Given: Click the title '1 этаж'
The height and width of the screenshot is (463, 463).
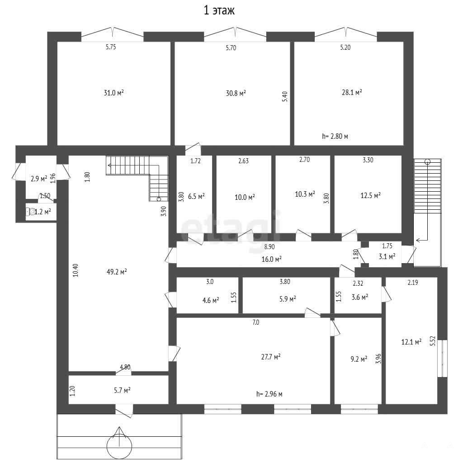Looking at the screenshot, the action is [x=219, y=11].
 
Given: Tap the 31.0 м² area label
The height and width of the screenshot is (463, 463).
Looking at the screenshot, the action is [x=113, y=93].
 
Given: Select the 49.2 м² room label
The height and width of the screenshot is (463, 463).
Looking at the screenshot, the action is [x=117, y=272].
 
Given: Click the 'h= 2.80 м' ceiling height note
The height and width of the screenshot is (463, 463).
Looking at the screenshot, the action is [x=335, y=137].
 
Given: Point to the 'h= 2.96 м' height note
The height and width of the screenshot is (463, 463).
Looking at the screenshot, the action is [x=269, y=394].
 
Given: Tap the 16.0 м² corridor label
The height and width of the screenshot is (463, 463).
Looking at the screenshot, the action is [x=271, y=259].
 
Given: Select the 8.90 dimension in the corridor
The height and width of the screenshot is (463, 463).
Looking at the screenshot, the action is [x=269, y=246].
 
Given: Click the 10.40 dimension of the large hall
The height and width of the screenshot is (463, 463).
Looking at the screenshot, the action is [x=76, y=270].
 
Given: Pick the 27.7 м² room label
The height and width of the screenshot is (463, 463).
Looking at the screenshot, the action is [x=271, y=357].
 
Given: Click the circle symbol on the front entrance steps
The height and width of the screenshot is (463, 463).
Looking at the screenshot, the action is [x=119, y=445].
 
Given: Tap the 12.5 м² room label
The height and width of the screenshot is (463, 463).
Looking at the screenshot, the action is [x=371, y=195].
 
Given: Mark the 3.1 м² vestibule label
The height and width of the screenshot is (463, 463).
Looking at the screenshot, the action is [x=387, y=257].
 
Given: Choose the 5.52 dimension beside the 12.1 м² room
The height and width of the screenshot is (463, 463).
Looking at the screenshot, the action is [x=433, y=341].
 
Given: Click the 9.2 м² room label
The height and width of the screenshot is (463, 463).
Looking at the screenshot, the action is [x=359, y=359].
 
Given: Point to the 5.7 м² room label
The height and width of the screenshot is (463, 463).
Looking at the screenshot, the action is [x=122, y=390].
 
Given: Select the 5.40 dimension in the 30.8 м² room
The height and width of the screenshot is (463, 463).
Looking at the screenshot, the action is [x=285, y=97].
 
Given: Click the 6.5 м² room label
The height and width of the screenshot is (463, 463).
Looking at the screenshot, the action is [x=196, y=196].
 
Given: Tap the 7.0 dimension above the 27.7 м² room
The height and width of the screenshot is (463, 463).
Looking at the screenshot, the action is [x=256, y=322].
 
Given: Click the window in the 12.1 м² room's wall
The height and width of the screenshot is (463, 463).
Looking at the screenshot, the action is [x=442, y=359].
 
